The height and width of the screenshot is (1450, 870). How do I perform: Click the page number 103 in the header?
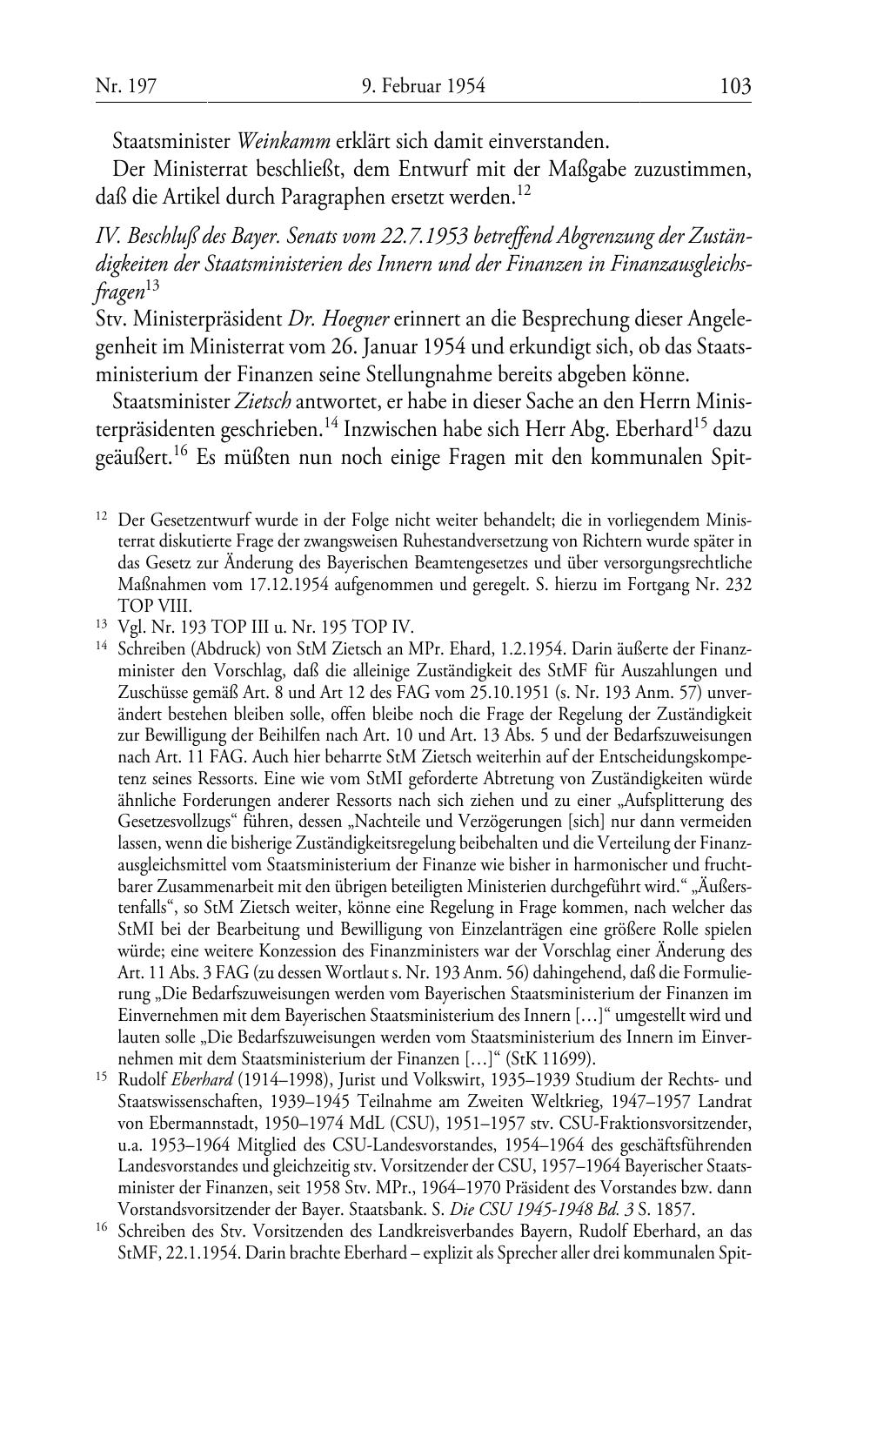point(735,86)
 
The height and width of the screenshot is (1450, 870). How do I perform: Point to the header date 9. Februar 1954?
point(423,86)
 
